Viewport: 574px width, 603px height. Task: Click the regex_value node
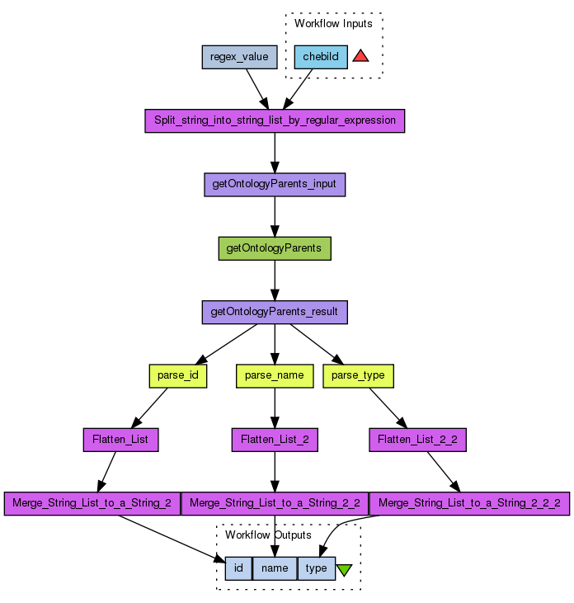(x=239, y=57)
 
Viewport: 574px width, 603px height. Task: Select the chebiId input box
(x=321, y=57)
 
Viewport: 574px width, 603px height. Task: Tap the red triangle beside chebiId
(x=360, y=57)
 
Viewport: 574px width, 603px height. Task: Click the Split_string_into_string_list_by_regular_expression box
(x=275, y=120)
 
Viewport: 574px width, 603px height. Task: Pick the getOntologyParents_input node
(x=275, y=184)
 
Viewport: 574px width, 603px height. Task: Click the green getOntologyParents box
(x=275, y=248)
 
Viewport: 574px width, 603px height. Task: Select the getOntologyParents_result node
(x=275, y=312)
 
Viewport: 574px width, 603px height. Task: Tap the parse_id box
(x=177, y=375)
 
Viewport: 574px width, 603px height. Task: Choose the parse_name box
(x=275, y=375)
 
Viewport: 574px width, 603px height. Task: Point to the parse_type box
(x=358, y=375)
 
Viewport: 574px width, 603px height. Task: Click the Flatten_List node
(x=120, y=440)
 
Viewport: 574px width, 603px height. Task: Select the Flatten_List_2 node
(x=275, y=440)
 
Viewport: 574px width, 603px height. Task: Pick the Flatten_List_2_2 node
(x=418, y=440)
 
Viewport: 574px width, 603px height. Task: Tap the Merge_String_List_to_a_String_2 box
(x=92, y=503)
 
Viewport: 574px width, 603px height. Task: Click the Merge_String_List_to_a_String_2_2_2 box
(x=469, y=503)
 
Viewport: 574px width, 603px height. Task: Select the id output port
(x=238, y=568)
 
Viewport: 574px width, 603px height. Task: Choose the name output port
(x=275, y=568)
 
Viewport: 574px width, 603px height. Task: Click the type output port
(x=316, y=568)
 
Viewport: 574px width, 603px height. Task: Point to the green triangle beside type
(x=344, y=569)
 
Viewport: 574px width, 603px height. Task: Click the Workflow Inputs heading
(x=333, y=24)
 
